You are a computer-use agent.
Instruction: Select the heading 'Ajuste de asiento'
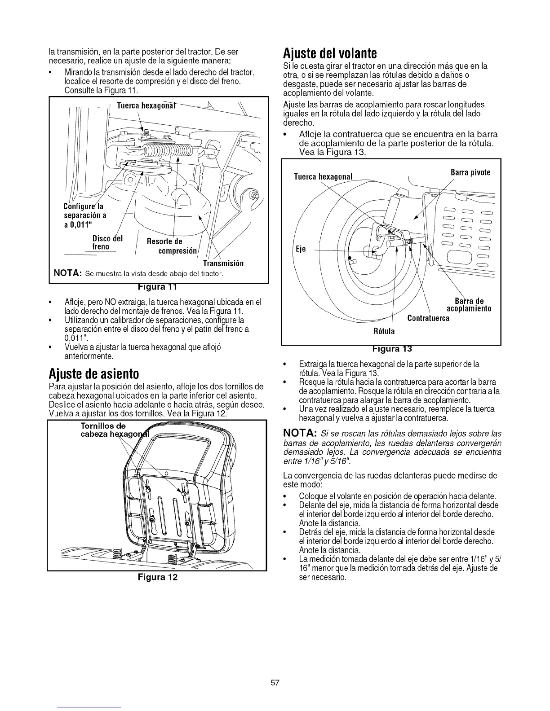(x=93, y=373)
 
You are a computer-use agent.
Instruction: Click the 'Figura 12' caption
(x=157, y=577)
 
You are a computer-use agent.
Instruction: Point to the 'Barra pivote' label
(x=470, y=172)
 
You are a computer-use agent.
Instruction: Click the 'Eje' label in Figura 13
(x=300, y=250)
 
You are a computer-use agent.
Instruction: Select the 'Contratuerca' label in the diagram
(x=428, y=318)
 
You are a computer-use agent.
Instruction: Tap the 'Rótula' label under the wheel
(x=384, y=331)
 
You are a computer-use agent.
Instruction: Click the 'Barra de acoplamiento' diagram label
(x=468, y=304)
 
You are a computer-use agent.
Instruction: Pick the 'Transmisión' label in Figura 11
(x=223, y=263)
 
